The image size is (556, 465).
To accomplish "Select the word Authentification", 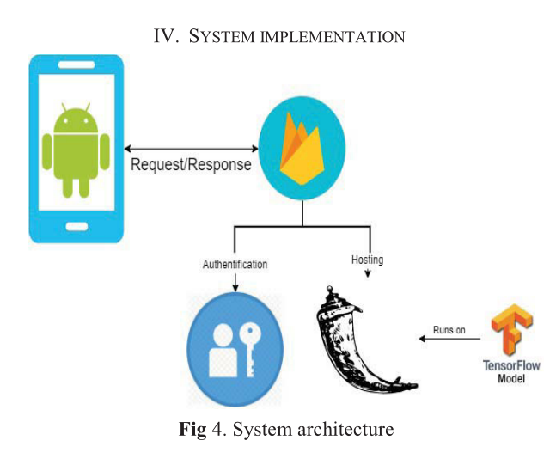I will (x=235, y=265).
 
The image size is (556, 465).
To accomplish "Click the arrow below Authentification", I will (x=235, y=282).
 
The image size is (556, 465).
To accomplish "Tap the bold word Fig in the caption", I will (x=192, y=429).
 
